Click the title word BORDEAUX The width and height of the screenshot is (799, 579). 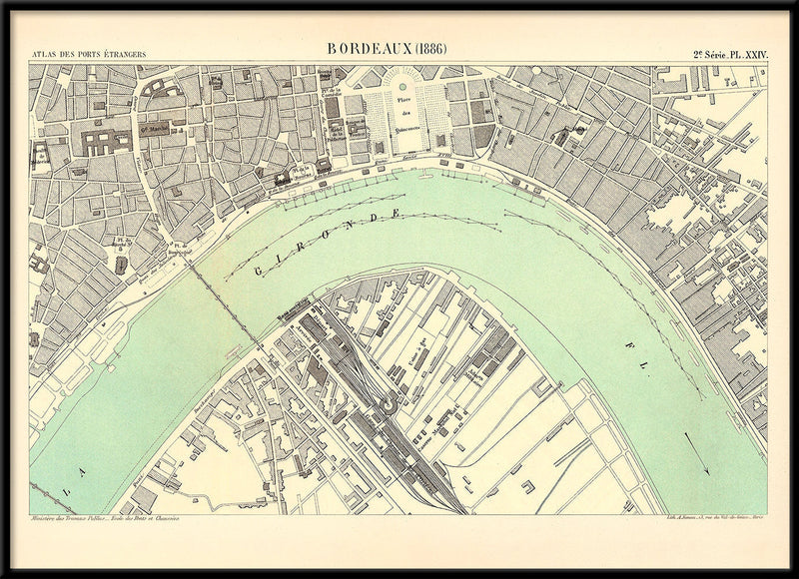pos(369,49)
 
